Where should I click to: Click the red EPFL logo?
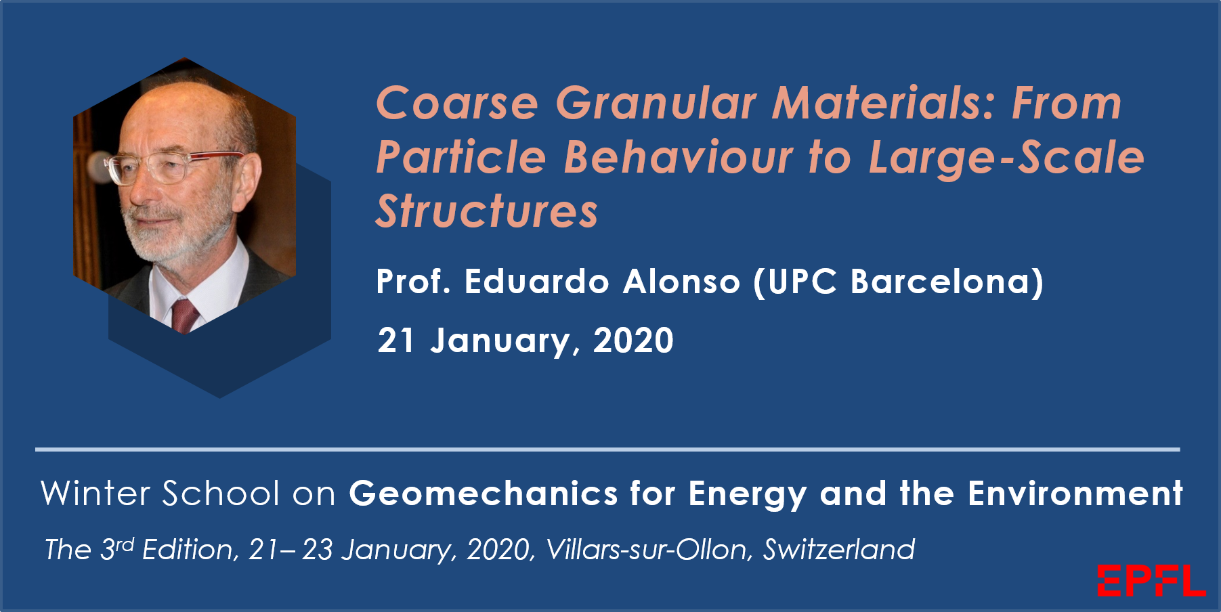1151,581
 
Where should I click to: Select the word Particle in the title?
460,158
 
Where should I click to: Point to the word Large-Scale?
1006,158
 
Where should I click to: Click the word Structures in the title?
487,211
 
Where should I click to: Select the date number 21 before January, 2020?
395,341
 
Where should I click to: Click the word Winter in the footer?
95,493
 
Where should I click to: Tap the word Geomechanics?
483,494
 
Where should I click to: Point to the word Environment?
1075,493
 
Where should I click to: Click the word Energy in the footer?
748,494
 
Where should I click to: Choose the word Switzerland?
839,550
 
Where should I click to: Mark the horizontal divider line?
607,449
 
